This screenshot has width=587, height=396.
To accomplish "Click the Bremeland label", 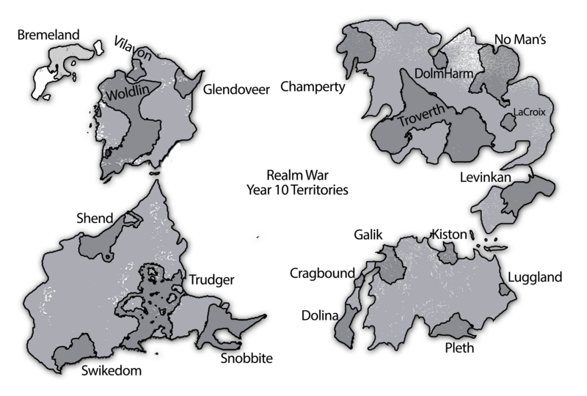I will click(x=48, y=34).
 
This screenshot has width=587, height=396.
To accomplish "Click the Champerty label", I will click(x=313, y=87).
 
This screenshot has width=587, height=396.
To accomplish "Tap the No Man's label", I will click(x=520, y=38).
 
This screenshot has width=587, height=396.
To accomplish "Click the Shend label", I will click(x=95, y=218).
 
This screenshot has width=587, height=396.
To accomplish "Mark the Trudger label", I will click(x=211, y=279).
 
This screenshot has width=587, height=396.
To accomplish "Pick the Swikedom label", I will click(x=112, y=370).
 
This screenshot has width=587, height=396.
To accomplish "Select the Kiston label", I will click(x=449, y=235).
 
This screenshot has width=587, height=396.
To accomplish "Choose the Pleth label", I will click(x=460, y=348).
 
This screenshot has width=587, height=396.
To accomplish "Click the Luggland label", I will click(x=534, y=277).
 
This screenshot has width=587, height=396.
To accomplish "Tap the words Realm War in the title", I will click(x=297, y=175).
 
